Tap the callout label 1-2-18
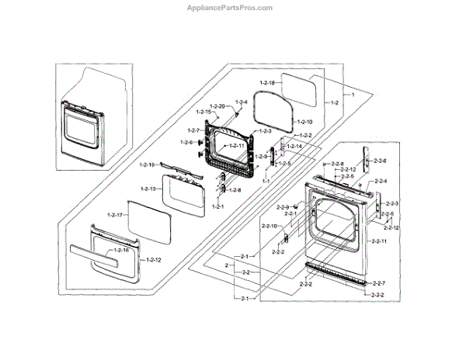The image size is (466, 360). (268, 82)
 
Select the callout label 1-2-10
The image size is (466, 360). (304, 122)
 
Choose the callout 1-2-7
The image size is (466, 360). (195, 130)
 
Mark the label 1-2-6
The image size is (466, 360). (186, 143)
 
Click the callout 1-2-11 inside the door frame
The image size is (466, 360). (234, 146)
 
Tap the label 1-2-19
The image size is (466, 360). (148, 164)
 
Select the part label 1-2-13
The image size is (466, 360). (149, 189)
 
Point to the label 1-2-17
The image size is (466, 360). (116, 214)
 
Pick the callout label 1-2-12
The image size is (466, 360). (153, 258)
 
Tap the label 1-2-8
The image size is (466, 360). (233, 190)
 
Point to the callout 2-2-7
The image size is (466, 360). (378, 282)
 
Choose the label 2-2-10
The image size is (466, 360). (270, 226)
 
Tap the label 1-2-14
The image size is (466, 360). (294, 147)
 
